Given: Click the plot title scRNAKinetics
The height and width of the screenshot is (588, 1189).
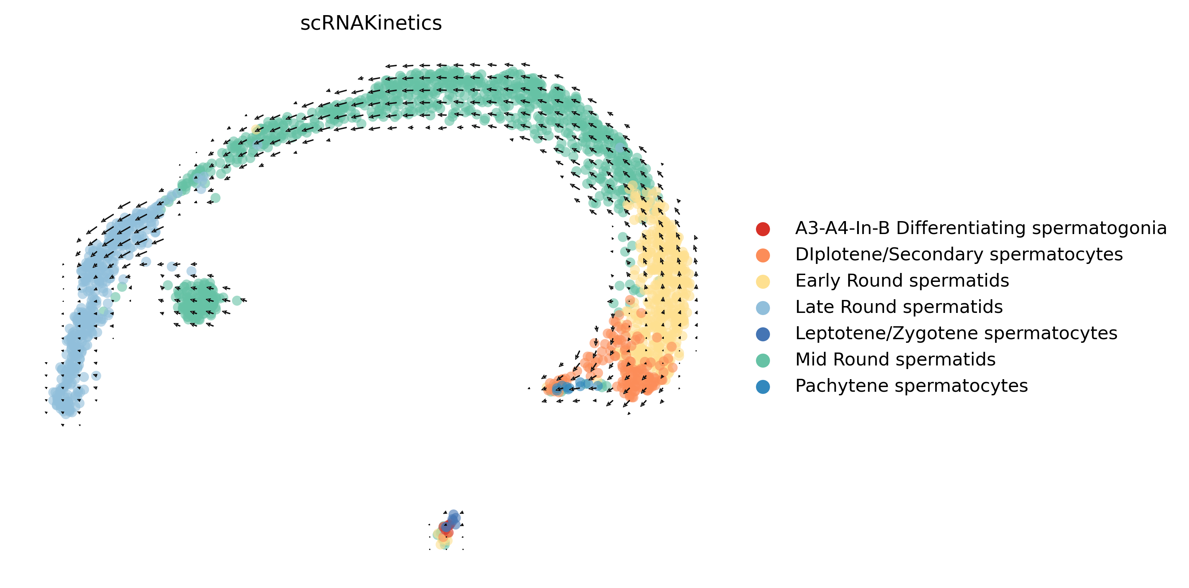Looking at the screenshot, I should pos(371,23).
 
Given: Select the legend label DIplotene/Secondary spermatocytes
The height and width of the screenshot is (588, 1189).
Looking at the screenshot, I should pos(959,254).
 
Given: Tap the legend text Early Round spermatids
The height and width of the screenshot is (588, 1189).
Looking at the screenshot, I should pos(902,280).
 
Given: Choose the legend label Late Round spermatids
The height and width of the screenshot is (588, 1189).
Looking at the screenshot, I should pos(898,307).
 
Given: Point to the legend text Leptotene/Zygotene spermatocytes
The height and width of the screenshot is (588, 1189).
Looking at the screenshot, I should pos(956,333).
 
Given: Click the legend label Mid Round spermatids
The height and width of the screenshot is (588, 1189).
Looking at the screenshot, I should pos(895,360).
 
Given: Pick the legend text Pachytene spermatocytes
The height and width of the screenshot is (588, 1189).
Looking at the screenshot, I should pos(911,386).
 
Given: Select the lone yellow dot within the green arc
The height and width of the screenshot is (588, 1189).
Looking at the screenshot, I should pos(257,129).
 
